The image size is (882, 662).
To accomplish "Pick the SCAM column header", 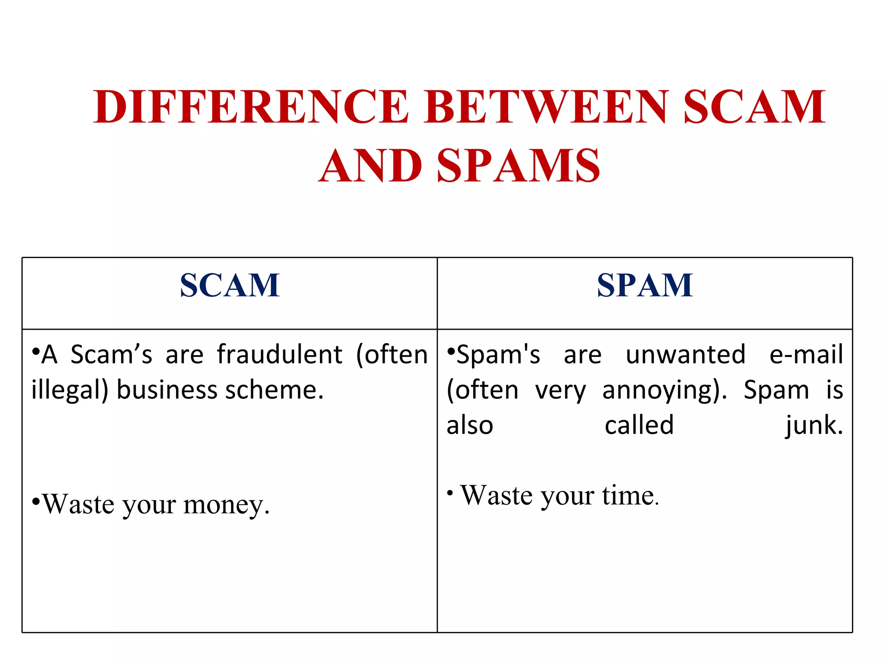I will pyautogui.click(x=230, y=285).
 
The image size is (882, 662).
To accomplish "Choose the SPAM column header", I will pyautogui.click(x=645, y=285).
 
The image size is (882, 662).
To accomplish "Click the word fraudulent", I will pyautogui.click(x=280, y=355).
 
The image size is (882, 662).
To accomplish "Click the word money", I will pyautogui.click(x=227, y=504).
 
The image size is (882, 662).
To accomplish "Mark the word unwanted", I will pyautogui.click(x=686, y=355).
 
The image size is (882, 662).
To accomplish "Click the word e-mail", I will pyautogui.click(x=806, y=355).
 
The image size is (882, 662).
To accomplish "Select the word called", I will pyautogui.click(x=639, y=426).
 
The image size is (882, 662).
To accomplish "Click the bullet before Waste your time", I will pyautogui.click(x=450, y=492).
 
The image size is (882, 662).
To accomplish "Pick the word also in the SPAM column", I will pyautogui.click(x=470, y=426).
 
